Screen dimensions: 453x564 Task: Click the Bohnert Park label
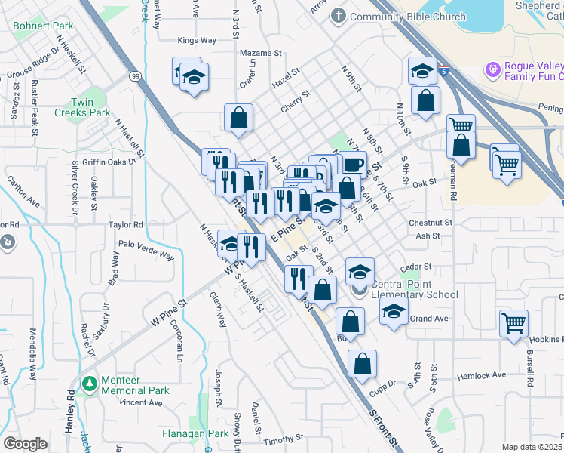click(43, 26)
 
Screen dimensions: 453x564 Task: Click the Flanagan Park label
click(195, 434)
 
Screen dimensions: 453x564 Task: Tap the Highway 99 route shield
click(135, 75)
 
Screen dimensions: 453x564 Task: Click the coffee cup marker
click(352, 164)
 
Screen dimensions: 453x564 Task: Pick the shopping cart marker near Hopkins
click(513, 323)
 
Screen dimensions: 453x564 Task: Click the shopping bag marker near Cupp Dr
click(363, 363)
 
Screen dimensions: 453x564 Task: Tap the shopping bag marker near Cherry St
click(238, 118)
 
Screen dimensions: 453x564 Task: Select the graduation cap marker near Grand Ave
click(393, 310)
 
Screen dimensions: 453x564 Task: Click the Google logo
click(25, 443)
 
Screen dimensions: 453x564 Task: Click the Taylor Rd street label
click(126, 225)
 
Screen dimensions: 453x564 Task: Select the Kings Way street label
click(196, 41)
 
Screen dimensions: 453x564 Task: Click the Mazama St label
click(260, 54)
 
